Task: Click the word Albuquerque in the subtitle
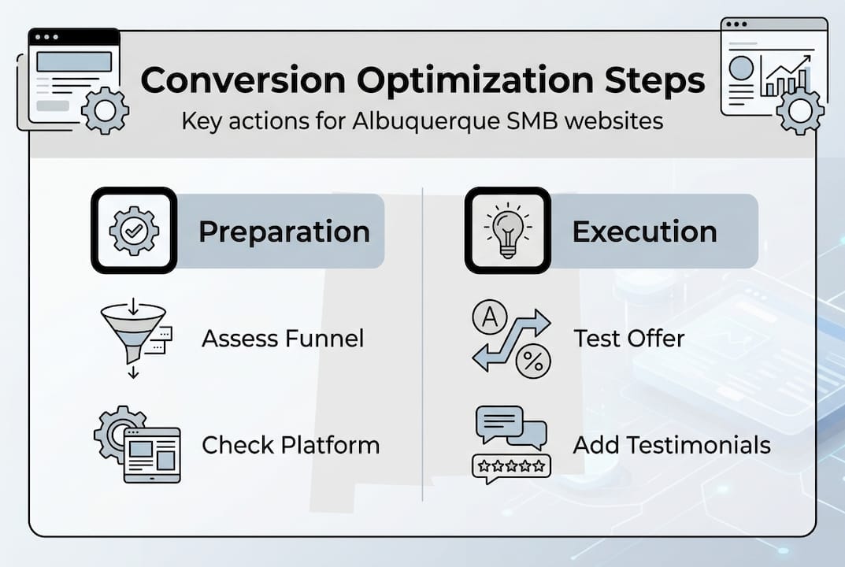tap(417, 122)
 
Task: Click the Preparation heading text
tap(284, 232)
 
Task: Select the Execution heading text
tap(644, 232)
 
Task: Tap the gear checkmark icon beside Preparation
tap(134, 230)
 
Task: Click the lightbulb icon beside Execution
tap(507, 230)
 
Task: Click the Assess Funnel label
tap(283, 339)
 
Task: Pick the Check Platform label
tap(291, 445)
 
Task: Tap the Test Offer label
tap(628, 339)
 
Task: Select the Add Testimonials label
tap(671, 445)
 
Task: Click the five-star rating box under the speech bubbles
tap(511, 466)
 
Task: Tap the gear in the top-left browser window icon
tap(105, 111)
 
